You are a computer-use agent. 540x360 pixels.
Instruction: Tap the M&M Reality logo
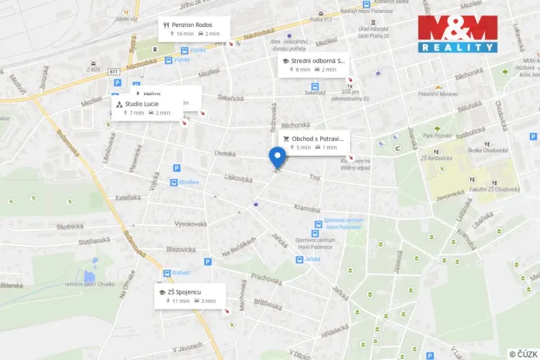tap(458, 33)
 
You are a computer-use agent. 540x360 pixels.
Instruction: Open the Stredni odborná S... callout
tap(313, 65)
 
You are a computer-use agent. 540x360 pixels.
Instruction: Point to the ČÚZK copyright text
tap(522, 353)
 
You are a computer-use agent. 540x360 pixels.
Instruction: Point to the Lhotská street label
tap(225, 153)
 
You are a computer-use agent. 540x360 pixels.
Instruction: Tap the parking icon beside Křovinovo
tap(176, 168)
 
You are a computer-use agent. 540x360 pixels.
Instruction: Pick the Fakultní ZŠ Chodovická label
tap(492, 188)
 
